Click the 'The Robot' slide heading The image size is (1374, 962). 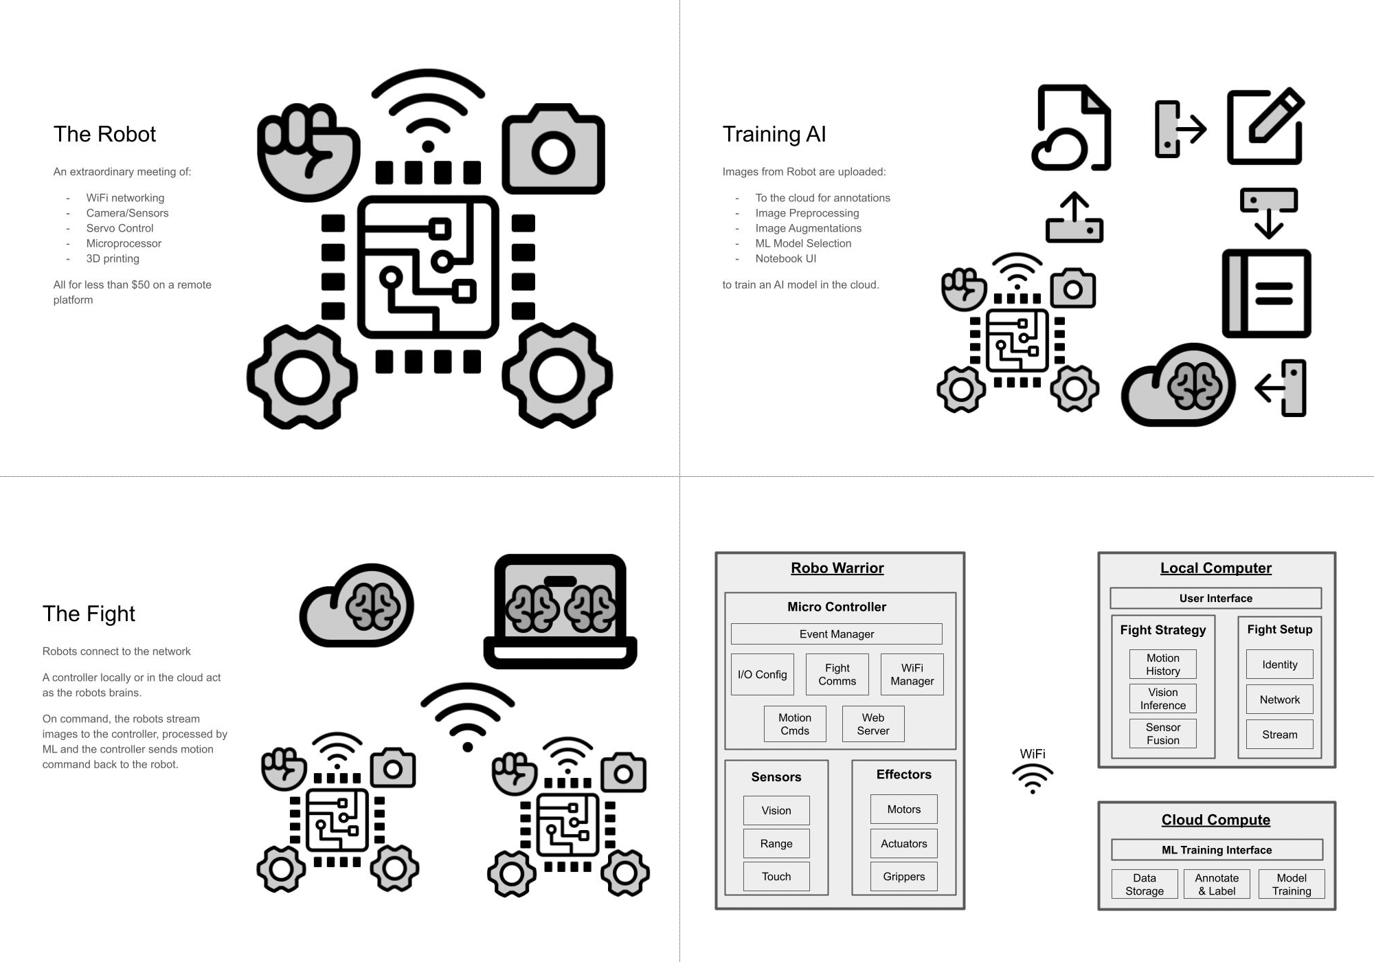pyautogui.click(x=104, y=134)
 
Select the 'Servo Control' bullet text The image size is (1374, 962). pyautogui.click(x=120, y=228)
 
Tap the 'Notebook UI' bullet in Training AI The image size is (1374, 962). pyautogui.click(x=785, y=258)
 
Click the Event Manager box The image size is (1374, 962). pyautogui.click(x=836, y=634)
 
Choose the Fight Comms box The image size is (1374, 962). pyautogui.click(x=837, y=674)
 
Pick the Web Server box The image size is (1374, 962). pyautogui.click(x=872, y=724)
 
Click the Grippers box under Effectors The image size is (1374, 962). pyautogui.click(x=903, y=876)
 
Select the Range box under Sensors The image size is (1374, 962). pyautogui.click(x=776, y=843)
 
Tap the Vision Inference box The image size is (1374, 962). pyautogui.click(x=1162, y=698)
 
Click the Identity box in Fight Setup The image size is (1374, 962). pyautogui.click(x=1279, y=664)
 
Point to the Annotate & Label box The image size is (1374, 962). pyautogui.click(x=1216, y=884)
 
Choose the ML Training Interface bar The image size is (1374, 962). pyautogui.click(x=1216, y=850)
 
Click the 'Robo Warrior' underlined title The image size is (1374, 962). pyautogui.click(x=837, y=568)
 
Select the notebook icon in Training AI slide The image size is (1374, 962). pyautogui.click(x=1266, y=293)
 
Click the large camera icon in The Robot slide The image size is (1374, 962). pyautogui.click(x=553, y=149)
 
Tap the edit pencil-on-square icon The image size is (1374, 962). pyautogui.click(x=1265, y=126)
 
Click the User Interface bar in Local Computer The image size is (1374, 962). pyautogui.click(x=1215, y=598)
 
